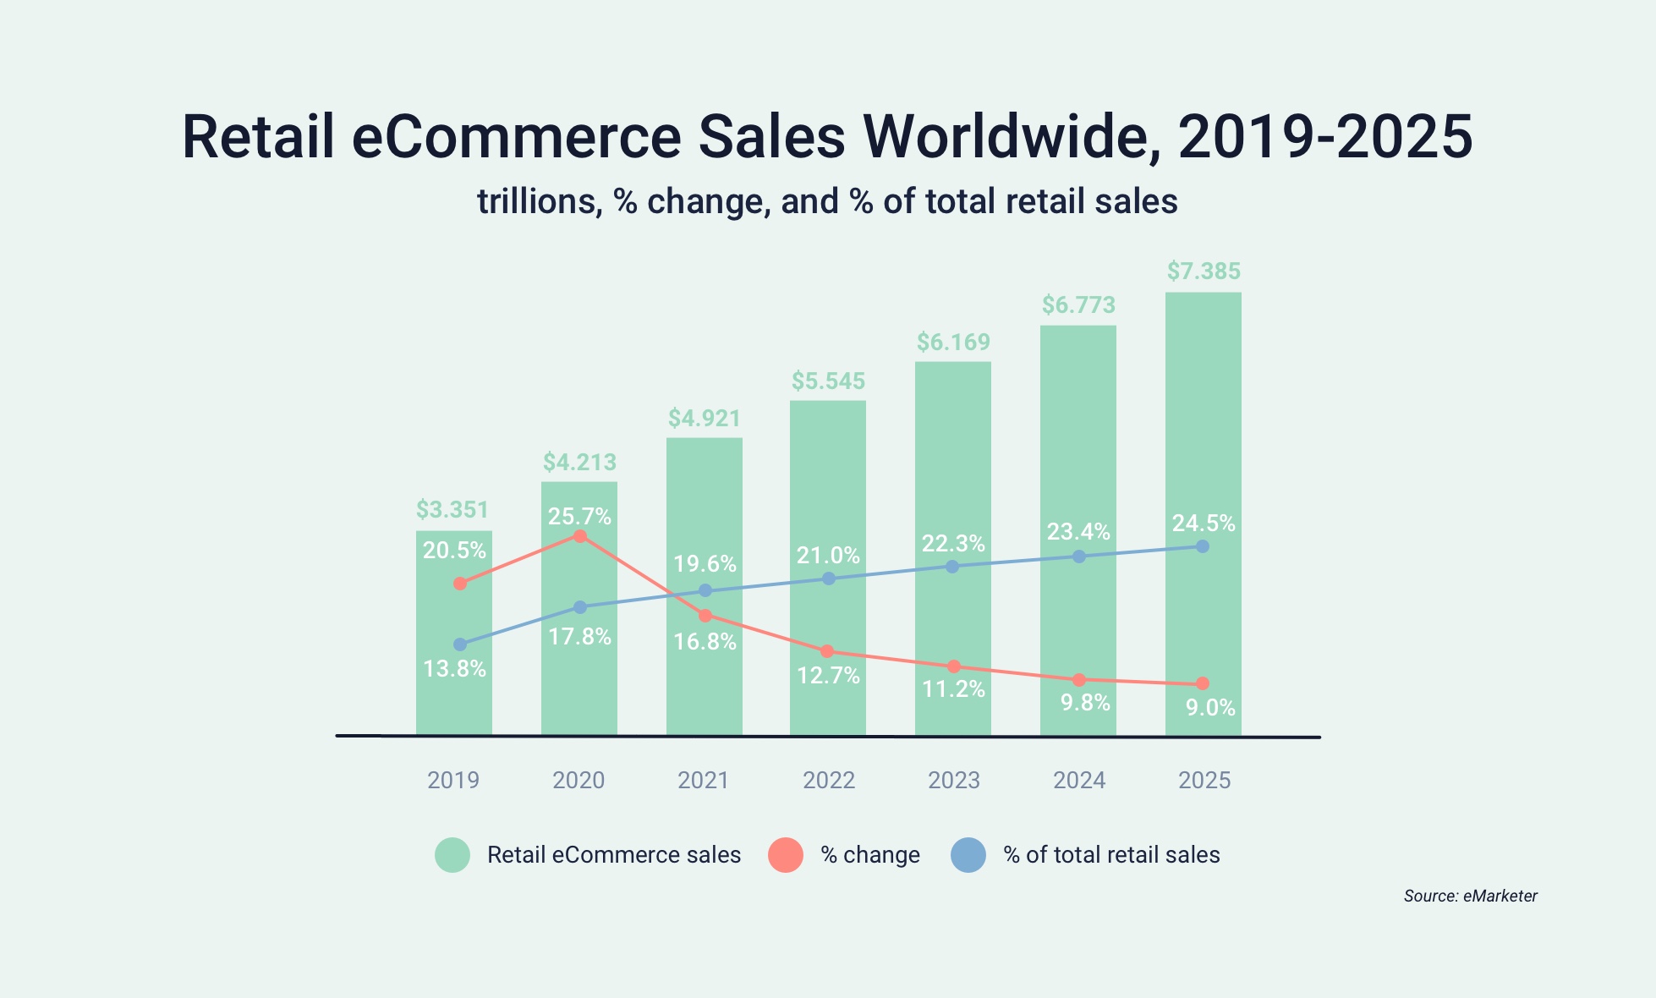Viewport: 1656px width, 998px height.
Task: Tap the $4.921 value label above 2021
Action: pyautogui.click(x=705, y=419)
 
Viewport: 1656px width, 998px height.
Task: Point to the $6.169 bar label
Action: pyautogui.click(x=953, y=343)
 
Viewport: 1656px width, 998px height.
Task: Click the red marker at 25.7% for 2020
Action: pyautogui.click(x=580, y=536)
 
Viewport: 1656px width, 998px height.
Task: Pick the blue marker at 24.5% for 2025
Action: pyautogui.click(x=1203, y=546)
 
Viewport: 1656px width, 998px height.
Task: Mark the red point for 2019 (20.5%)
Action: pyautogui.click(x=460, y=584)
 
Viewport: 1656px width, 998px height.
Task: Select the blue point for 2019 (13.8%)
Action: pyautogui.click(x=460, y=644)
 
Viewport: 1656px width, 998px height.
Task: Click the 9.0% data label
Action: pyautogui.click(x=1210, y=708)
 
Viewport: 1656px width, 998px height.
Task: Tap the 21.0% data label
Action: pyautogui.click(x=828, y=556)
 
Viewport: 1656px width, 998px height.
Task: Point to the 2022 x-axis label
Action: pyautogui.click(x=829, y=780)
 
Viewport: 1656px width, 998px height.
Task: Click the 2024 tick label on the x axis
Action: pyautogui.click(x=1079, y=780)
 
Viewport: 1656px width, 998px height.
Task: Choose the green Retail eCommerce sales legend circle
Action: pyautogui.click(x=452, y=855)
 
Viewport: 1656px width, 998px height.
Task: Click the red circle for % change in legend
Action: pyautogui.click(x=786, y=855)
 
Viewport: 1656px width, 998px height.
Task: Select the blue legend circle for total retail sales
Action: pyautogui.click(x=968, y=855)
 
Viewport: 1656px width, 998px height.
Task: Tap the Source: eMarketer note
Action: pyautogui.click(x=1470, y=896)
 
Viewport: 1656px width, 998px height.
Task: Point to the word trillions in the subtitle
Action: pyautogui.click(x=539, y=202)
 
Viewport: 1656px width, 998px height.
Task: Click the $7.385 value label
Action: pyautogui.click(x=1204, y=271)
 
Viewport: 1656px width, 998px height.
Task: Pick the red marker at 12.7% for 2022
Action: pyautogui.click(x=827, y=651)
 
